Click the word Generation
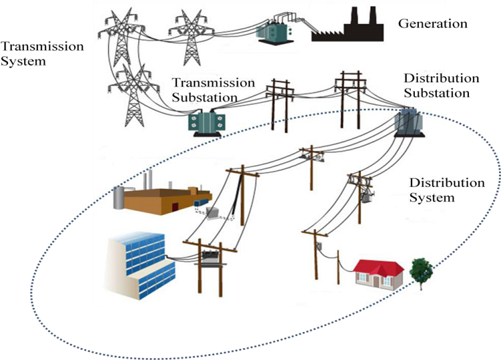pos(432,24)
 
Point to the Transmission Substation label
pos(213,90)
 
